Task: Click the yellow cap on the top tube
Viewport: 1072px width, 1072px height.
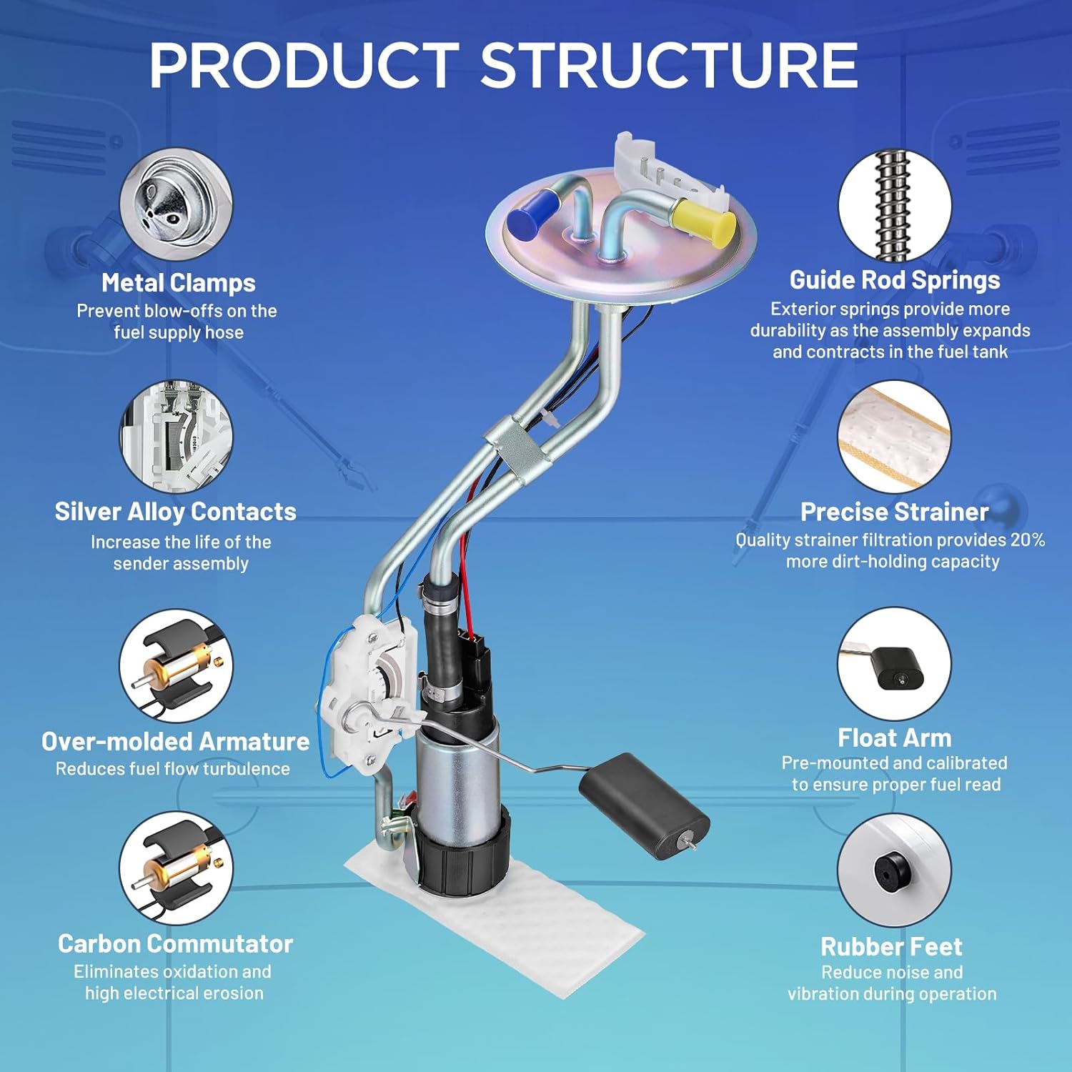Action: click(704, 219)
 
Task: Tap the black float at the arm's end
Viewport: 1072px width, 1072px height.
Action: click(644, 805)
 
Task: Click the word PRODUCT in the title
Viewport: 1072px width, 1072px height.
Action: click(304, 65)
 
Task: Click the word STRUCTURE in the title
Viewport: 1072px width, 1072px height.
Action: click(668, 65)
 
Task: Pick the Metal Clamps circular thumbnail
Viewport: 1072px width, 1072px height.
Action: click(176, 204)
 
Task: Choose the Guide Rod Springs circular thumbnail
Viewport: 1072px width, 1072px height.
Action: click(894, 206)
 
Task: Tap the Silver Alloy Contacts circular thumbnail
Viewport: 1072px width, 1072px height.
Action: click(176, 436)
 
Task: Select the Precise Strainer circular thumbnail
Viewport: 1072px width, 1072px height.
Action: click(894, 436)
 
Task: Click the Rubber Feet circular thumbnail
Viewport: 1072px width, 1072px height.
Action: click(894, 870)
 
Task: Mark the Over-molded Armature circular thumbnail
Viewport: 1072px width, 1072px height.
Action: click(176, 666)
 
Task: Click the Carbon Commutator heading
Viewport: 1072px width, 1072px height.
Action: click(176, 943)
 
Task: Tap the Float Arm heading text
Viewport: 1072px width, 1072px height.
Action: click(894, 738)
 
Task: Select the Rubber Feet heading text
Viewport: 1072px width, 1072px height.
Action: click(891, 946)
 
